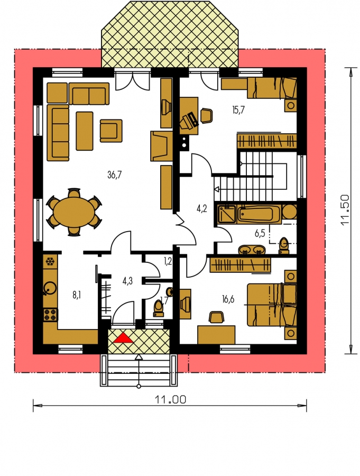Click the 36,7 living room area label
114,175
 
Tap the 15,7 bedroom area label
238,110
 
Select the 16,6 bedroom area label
228,300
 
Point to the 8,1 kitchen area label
77,295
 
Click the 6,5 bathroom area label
260,233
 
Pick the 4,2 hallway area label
202,209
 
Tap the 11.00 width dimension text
170,399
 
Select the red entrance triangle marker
123,337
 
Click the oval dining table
74,212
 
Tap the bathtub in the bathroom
259,214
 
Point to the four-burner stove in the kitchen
50,315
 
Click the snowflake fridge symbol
50,262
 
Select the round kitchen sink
50,288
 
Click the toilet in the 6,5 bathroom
284,245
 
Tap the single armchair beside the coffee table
111,130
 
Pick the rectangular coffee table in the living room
85,131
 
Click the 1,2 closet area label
168,261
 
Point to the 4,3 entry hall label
127,281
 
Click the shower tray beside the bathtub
226,214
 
